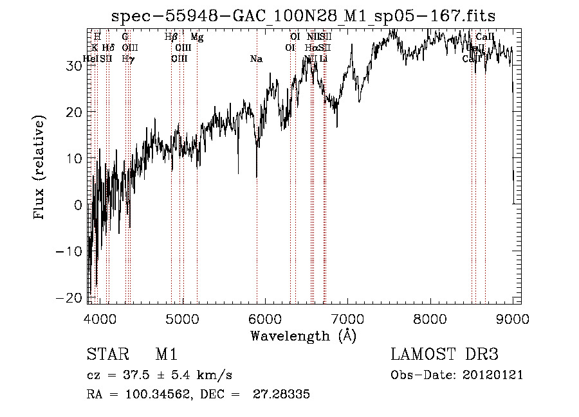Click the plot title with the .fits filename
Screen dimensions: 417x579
coord(303,16)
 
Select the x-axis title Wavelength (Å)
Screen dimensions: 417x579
coord(303,335)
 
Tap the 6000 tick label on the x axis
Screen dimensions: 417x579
coord(265,319)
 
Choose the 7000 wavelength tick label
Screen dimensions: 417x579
coord(347,319)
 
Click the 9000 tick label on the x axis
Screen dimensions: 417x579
coord(512,319)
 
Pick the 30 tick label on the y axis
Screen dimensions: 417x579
coord(74,65)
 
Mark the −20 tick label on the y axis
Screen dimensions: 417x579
coord(69,297)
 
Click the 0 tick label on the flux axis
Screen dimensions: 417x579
coord(78,204)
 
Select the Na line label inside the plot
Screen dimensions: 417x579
coord(256,59)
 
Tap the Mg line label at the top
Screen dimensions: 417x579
coord(197,38)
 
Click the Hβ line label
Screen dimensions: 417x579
coord(171,38)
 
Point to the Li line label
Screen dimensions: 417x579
coord(324,59)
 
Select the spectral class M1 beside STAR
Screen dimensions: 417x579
coord(166,355)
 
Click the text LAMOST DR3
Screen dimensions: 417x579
coord(445,355)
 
